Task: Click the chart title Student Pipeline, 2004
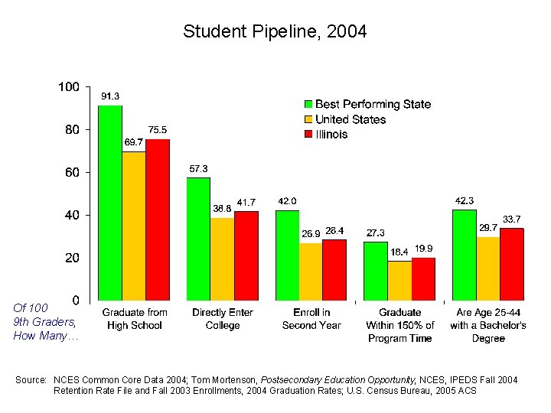pyautogui.click(x=275, y=31)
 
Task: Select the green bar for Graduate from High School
pyautogui.click(x=110, y=203)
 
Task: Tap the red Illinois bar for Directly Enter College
pyautogui.click(x=246, y=255)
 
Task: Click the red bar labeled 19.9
pyautogui.click(x=423, y=279)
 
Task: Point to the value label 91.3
pyautogui.click(x=110, y=96)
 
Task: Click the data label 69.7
pyautogui.click(x=134, y=141)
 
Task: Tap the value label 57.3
pyautogui.click(x=198, y=168)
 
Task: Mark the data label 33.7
pyautogui.click(x=512, y=219)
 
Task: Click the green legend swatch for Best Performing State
pyautogui.click(x=308, y=104)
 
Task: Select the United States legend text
pyautogui.click(x=350, y=119)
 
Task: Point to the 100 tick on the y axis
pyautogui.click(x=69, y=87)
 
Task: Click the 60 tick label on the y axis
pyautogui.click(x=70, y=173)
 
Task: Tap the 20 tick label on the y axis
pyautogui.click(x=70, y=259)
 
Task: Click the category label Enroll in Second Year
pyautogui.click(x=311, y=319)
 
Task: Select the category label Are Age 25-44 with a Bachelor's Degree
pyautogui.click(x=487, y=325)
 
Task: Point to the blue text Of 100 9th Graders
pyautogui.click(x=44, y=322)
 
